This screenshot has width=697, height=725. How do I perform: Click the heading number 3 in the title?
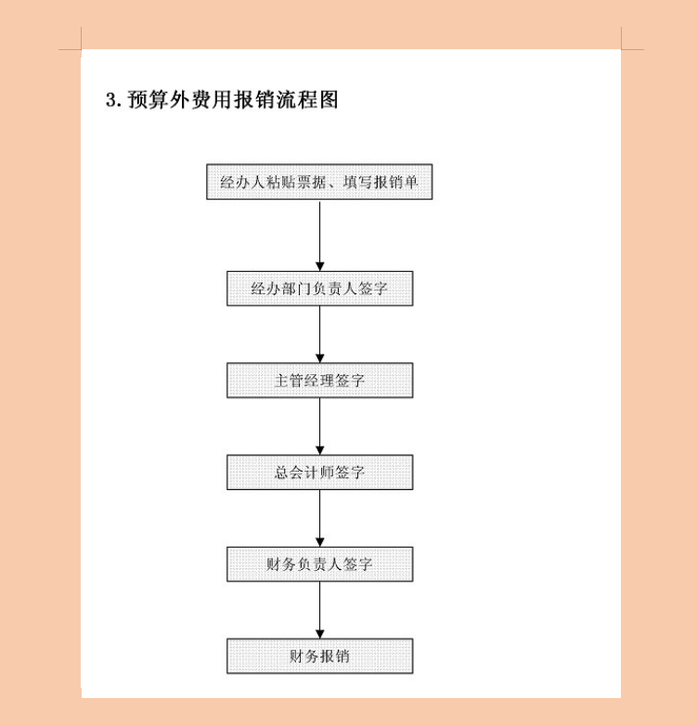point(111,100)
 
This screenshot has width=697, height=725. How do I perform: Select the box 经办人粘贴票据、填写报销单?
point(319,182)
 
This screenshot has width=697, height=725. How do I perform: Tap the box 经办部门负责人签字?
point(319,289)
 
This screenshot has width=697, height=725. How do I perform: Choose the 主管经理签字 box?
point(319,381)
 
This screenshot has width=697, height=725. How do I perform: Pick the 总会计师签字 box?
point(319,473)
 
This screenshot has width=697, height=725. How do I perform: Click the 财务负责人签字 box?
point(319,564)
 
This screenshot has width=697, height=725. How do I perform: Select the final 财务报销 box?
point(319,656)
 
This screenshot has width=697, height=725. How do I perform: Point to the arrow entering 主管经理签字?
point(319,335)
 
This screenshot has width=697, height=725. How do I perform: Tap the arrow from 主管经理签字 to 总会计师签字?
point(319,427)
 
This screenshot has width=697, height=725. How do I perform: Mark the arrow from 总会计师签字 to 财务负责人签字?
point(319,519)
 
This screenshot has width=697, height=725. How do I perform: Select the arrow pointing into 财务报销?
point(319,611)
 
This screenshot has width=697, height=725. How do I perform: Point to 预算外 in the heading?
point(161,100)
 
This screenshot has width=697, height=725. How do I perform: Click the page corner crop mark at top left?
point(81,48)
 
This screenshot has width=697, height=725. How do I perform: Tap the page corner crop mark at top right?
point(621,48)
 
